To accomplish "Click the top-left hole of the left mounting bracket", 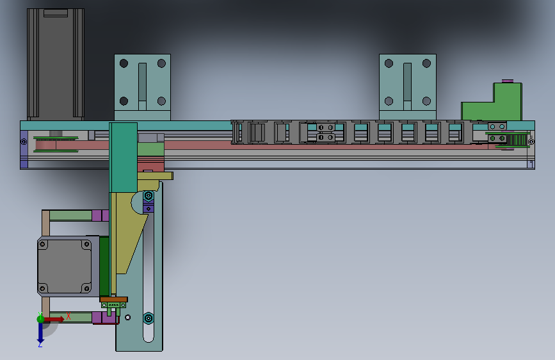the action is (x=124, y=63).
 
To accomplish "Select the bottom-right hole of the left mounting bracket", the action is (x=161, y=101).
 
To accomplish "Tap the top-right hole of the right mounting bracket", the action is (x=426, y=63).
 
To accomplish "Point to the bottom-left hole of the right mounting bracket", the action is (x=389, y=101).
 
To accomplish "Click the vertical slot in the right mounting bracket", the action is (x=407, y=86).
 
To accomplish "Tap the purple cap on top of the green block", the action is (x=508, y=81).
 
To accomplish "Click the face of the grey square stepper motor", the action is (x=65, y=266).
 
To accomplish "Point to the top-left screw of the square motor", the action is (x=43, y=245).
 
